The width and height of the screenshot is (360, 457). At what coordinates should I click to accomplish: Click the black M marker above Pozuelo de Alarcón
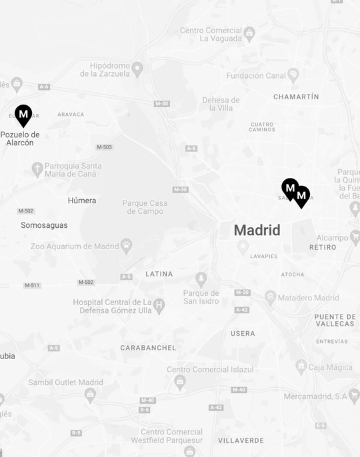(x=23, y=115)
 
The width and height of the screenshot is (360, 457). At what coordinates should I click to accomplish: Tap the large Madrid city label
(x=257, y=230)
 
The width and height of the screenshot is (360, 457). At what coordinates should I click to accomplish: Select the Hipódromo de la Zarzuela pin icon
(x=137, y=68)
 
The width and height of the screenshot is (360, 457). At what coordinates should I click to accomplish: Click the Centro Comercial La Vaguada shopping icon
(x=249, y=32)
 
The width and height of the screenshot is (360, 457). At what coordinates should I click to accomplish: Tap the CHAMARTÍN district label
(x=296, y=97)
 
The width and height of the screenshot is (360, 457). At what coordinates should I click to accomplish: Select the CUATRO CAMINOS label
(x=262, y=127)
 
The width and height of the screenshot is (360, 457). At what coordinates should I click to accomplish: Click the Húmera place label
(x=82, y=201)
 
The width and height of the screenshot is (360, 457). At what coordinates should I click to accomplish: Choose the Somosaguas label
(x=44, y=225)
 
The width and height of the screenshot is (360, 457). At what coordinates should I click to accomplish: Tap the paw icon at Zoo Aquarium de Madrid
(x=127, y=246)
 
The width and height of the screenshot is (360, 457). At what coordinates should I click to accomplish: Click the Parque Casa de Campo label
(x=145, y=207)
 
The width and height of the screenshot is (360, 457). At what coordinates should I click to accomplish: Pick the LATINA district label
(x=159, y=274)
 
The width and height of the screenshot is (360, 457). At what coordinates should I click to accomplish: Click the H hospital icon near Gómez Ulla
(x=159, y=306)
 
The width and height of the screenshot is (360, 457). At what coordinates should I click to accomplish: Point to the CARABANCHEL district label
(x=148, y=348)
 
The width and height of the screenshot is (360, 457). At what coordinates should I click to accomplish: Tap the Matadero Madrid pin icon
(x=270, y=297)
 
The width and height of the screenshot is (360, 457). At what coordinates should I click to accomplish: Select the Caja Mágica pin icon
(x=301, y=366)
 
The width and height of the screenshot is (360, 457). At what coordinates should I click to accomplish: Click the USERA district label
(x=243, y=333)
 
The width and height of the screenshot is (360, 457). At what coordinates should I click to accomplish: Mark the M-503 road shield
(x=104, y=147)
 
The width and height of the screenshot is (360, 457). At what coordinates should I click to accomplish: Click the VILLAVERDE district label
(x=241, y=440)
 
